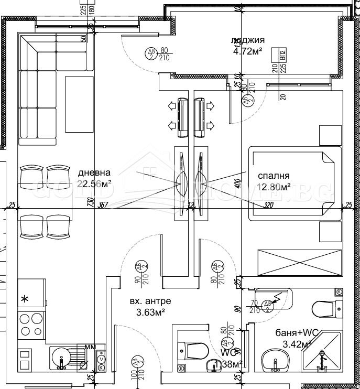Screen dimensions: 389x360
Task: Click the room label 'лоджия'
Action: tap(247, 40)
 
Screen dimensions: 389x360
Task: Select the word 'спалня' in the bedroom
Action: tap(273, 176)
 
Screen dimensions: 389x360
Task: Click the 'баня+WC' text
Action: tap(293, 332)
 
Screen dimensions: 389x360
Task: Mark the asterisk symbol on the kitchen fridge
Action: tap(24, 299)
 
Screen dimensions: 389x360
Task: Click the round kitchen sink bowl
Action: tap(61, 359)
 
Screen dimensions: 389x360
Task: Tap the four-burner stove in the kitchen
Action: tap(31, 325)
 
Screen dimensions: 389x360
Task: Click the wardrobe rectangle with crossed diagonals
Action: tap(299, 262)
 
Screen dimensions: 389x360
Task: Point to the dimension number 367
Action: tap(102, 205)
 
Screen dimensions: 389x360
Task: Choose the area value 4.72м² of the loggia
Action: tap(247, 51)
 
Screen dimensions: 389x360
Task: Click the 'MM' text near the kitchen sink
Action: tap(91, 347)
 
